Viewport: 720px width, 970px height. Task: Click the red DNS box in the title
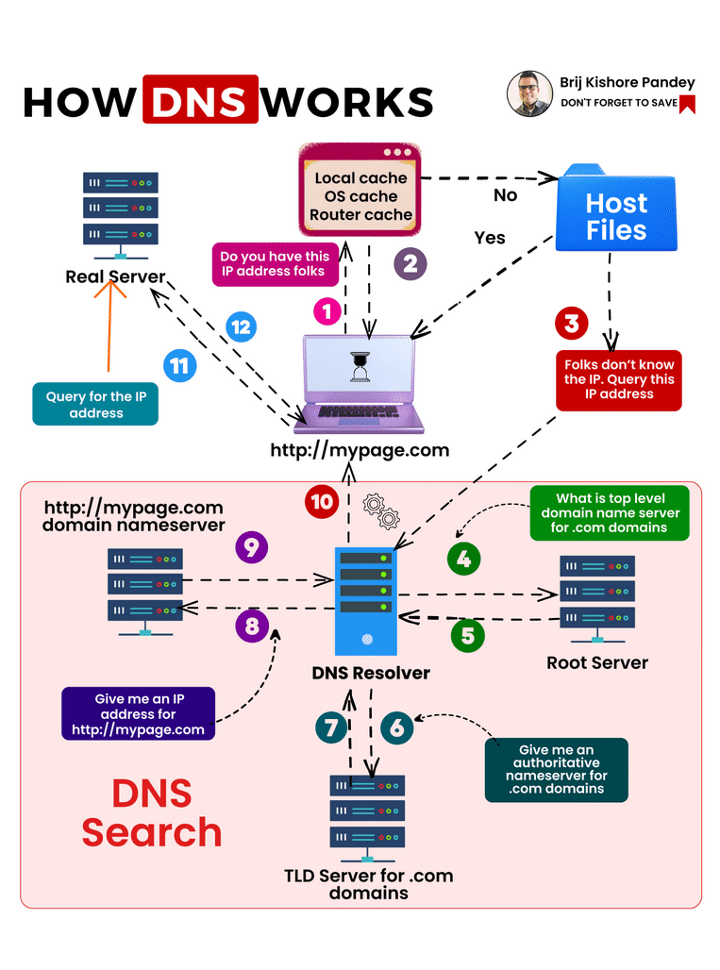pos(200,99)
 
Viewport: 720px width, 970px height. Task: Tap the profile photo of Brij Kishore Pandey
pos(529,93)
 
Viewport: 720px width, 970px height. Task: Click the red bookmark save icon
pos(687,104)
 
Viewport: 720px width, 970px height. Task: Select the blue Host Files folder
pos(616,215)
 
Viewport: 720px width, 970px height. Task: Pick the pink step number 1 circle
pos(327,310)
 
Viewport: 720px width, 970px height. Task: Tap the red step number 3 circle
pos(571,324)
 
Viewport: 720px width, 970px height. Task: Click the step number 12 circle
pos(241,327)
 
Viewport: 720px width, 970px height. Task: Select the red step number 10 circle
pos(322,501)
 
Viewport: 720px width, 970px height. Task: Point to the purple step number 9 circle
pos(251,548)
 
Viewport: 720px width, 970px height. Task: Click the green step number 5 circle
pos(467,635)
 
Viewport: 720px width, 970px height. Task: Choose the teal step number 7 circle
pos(330,727)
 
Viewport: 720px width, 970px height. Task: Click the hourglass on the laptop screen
pos(360,367)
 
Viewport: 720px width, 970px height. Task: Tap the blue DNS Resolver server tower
pos(366,601)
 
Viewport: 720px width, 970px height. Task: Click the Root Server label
pos(597,662)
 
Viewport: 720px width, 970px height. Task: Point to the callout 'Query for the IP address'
pos(96,405)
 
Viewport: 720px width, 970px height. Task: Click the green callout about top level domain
pos(610,513)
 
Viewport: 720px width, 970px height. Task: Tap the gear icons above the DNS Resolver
pos(381,510)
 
